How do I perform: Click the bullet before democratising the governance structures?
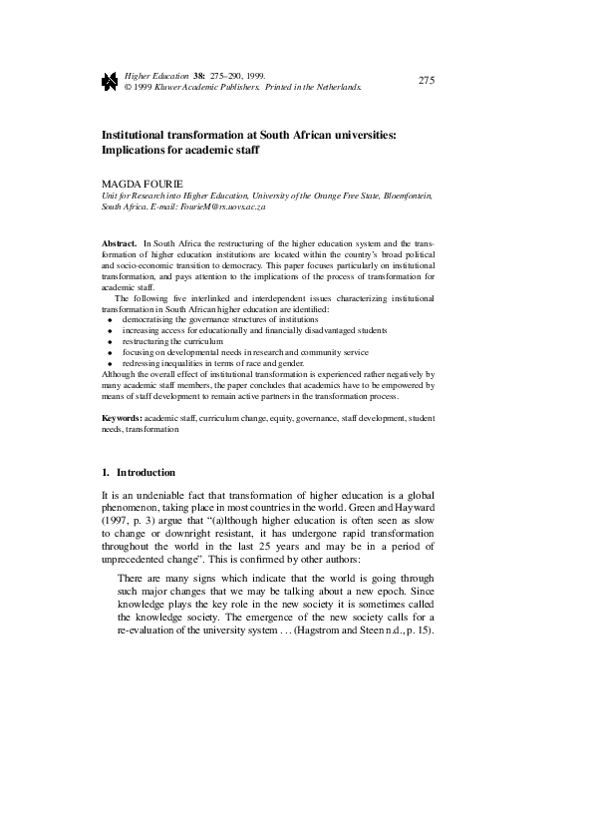(109, 319)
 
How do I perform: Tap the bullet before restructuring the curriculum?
(109, 341)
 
